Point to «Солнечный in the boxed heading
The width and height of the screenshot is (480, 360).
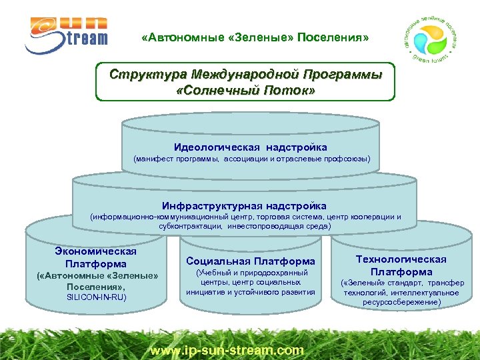coord(221,89)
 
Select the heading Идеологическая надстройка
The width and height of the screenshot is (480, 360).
coord(251,147)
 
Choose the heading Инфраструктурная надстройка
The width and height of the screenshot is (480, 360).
coord(244,205)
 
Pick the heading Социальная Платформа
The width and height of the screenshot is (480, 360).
coord(250,261)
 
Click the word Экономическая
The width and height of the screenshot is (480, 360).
coord(96,251)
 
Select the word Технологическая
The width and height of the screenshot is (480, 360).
coord(401,259)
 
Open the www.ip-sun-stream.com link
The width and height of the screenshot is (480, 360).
coord(227,349)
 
